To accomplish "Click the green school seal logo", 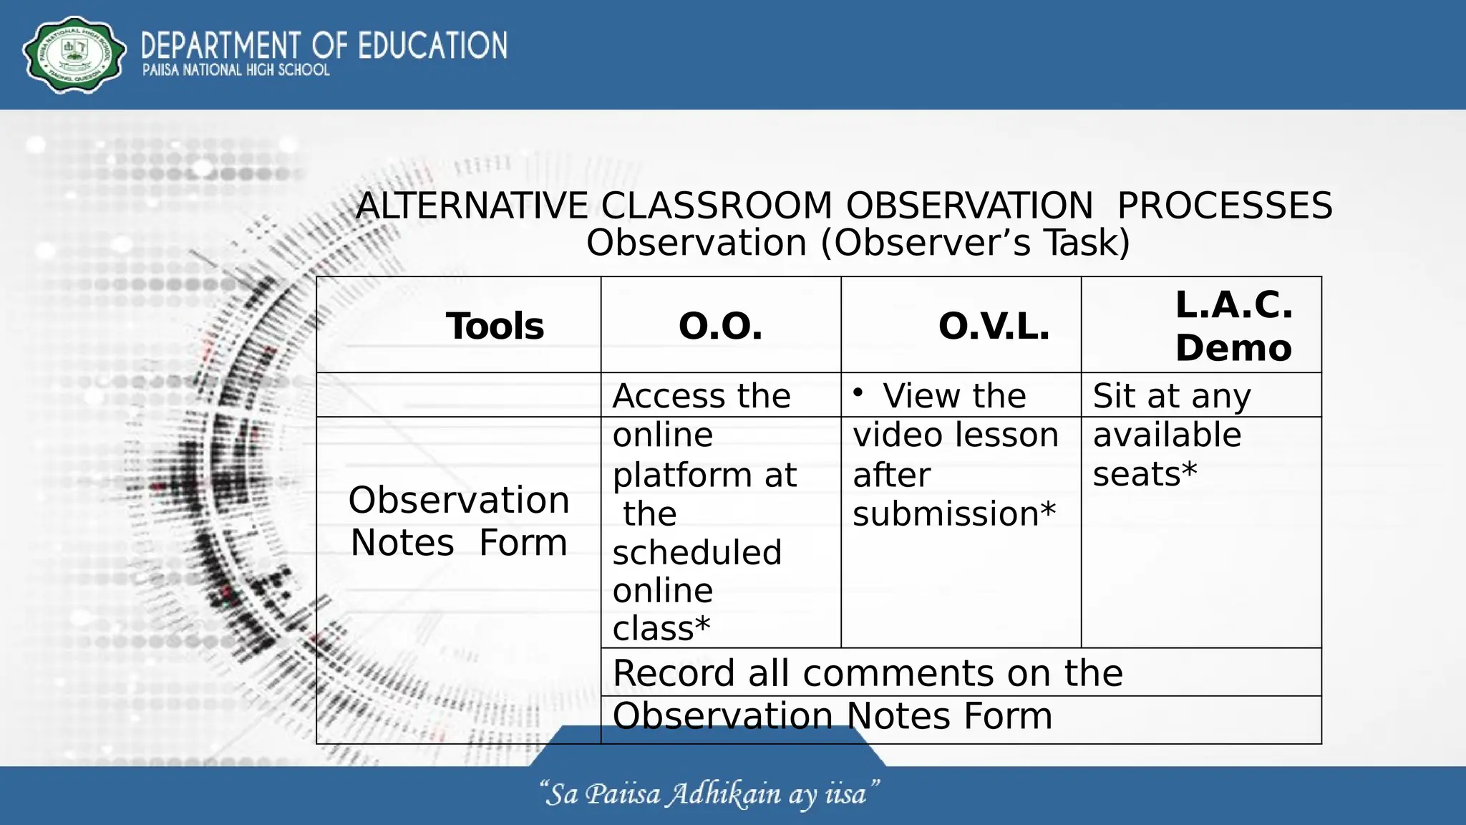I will tap(74, 55).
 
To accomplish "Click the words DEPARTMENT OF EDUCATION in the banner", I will tap(324, 45).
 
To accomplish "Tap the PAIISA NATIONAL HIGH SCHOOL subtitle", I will tap(236, 70).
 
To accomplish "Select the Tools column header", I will tap(495, 326).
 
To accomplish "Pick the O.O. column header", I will tap(720, 326).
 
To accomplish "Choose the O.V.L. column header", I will tap(994, 326).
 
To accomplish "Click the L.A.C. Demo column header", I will tap(1233, 326).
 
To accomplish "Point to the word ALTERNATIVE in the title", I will tap(472, 206).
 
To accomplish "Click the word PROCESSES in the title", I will tap(1224, 206).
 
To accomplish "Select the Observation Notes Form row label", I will tap(459, 521).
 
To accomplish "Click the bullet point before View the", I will tap(858, 392).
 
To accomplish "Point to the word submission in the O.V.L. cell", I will tap(945, 513).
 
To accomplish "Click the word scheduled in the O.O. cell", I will tap(696, 552).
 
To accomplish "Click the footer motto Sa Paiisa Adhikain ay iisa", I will tap(709, 794).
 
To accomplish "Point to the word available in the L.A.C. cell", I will tap(1167, 435).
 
